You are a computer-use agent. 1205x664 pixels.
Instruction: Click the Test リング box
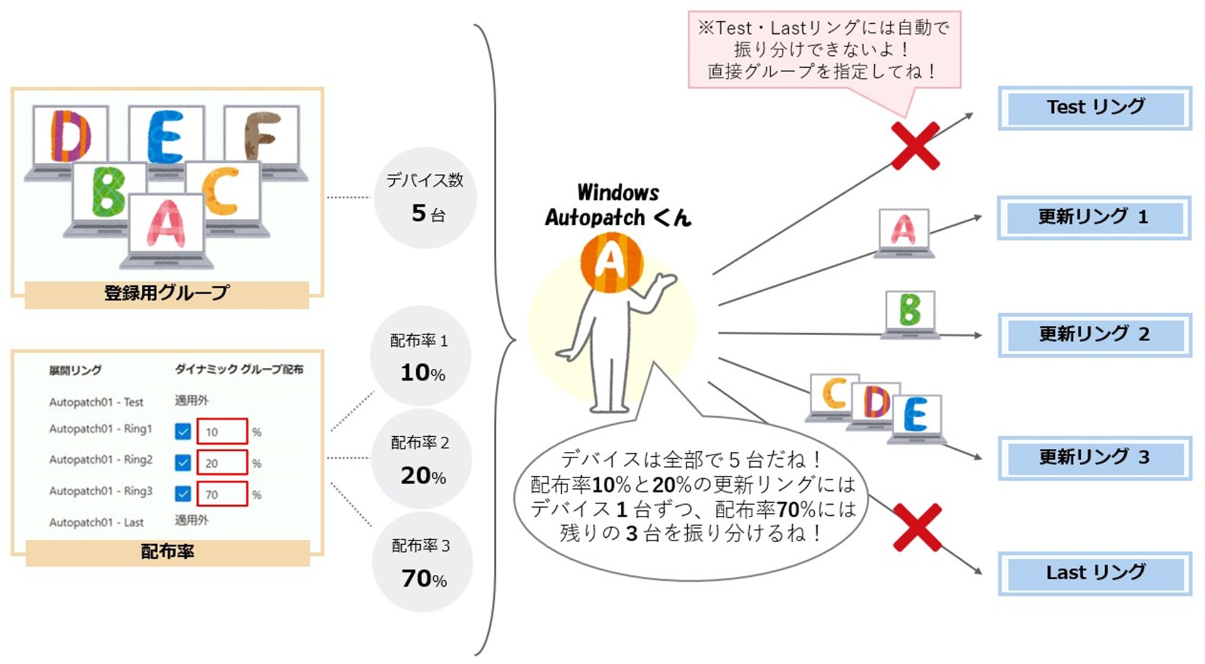[x=1095, y=108]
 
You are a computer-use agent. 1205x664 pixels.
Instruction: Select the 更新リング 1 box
[x=1094, y=218]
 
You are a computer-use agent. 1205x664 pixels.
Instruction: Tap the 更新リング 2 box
[x=1095, y=335]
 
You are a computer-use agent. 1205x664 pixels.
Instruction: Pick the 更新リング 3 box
[x=1095, y=458]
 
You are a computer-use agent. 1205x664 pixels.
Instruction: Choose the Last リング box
[x=1095, y=573]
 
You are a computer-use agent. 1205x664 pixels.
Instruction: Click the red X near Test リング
[x=916, y=146]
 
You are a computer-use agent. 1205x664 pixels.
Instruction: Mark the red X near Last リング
[x=917, y=527]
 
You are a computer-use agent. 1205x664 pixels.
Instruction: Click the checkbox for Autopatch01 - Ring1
[x=183, y=432]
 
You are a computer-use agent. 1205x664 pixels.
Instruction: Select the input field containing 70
[x=222, y=494]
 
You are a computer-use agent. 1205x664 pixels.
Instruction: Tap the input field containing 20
[x=222, y=463]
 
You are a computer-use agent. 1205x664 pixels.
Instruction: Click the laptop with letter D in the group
[x=69, y=142]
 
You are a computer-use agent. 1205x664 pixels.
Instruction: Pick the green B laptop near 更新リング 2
[x=910, y=314]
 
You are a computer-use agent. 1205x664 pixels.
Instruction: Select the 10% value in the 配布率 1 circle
[x=422, y=373]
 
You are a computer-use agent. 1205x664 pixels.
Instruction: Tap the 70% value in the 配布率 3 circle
[x=424, y=579]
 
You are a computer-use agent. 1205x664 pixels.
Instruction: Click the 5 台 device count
[x=428, y=213]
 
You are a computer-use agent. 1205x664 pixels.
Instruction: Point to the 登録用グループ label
[x=167, y=293]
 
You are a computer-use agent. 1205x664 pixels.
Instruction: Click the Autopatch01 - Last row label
[x=97, y=522]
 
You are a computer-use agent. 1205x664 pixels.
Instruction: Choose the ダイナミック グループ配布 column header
[x=239, y=369]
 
